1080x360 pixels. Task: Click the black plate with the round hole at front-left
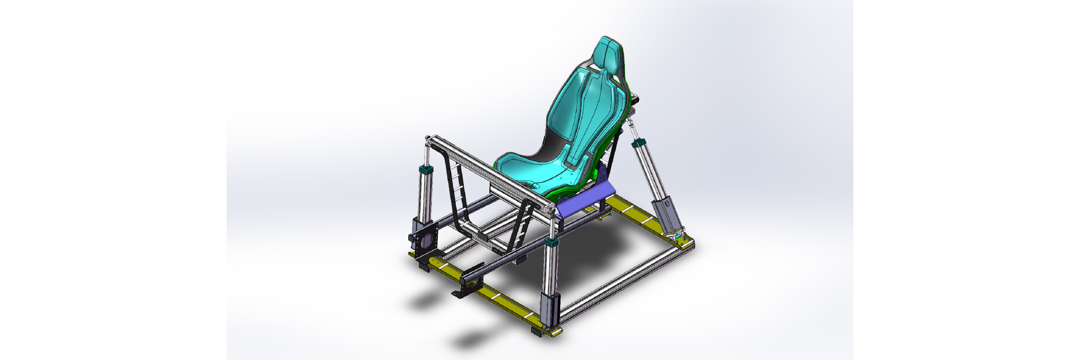(424, 241)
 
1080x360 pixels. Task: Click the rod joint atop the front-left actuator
(427, 139)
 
